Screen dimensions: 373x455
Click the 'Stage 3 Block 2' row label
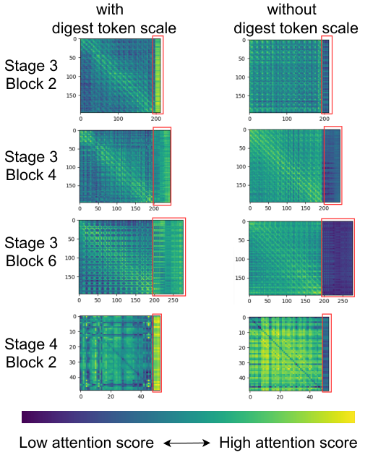31,75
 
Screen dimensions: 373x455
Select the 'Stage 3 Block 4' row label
31,166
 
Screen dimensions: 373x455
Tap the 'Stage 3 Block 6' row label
31,252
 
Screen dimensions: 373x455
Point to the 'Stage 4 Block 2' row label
31,353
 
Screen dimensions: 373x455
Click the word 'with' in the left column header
110,9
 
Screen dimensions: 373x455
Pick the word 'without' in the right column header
291,9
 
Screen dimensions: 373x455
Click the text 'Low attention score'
87,443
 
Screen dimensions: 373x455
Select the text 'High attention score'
288,443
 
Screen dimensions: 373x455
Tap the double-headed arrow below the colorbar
186,443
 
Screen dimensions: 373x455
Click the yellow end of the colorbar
351,417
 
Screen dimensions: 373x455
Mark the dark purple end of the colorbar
26,417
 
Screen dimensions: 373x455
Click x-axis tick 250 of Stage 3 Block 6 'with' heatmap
173,300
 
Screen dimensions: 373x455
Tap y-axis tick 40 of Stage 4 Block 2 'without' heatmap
242,378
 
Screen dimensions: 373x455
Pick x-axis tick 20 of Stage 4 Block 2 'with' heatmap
111,396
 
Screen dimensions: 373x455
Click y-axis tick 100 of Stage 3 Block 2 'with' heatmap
71,77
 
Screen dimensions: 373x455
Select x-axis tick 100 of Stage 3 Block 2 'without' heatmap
287,119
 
